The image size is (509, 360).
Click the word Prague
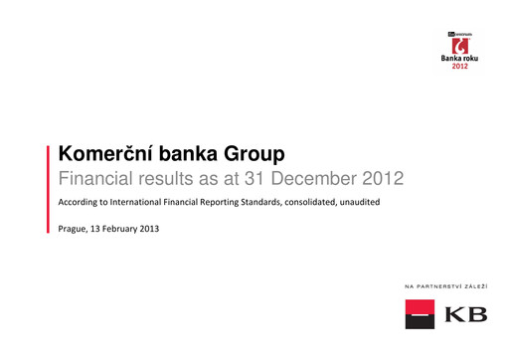tap(76, 229)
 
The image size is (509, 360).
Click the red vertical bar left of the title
tap(49, 189)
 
